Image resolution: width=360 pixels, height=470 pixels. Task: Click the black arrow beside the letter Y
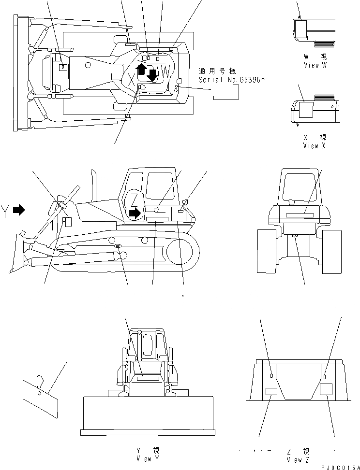click(19, 210)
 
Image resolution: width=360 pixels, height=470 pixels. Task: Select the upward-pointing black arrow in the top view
click(141, 69)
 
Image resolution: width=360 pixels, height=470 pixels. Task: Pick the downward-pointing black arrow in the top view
click(152, 75)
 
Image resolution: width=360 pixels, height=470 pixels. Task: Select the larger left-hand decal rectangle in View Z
click(271, 393)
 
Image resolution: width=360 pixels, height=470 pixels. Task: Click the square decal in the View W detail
click(300, 28)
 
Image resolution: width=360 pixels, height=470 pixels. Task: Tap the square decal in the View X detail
click(305, 110)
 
